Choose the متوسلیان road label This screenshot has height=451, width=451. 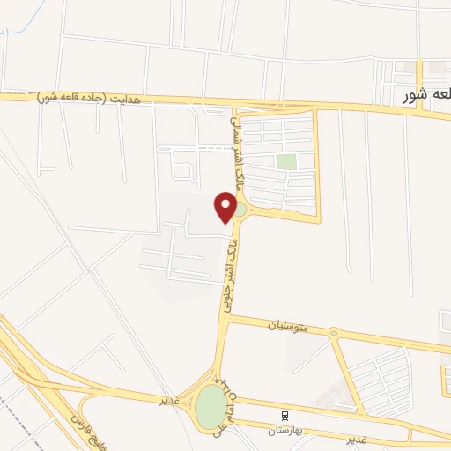coord(288,326)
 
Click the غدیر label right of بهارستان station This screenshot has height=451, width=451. coord(356,438)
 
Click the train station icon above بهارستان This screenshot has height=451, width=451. coord(285,413)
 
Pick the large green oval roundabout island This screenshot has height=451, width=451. coord(211,407)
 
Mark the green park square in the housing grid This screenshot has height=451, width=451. coord(285,161)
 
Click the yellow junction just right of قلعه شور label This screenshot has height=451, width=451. coord(420,109)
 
